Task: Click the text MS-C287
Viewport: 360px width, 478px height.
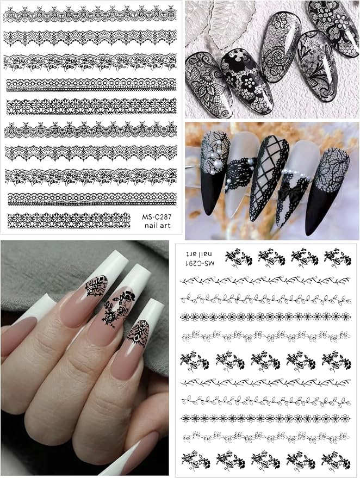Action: click(x=157, y=217)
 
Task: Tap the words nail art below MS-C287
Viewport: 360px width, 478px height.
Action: click(x=158, y=226)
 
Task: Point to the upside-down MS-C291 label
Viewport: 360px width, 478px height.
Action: click(x=200, y=263)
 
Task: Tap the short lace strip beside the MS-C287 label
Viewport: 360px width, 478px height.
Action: click(x=69, y=220)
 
